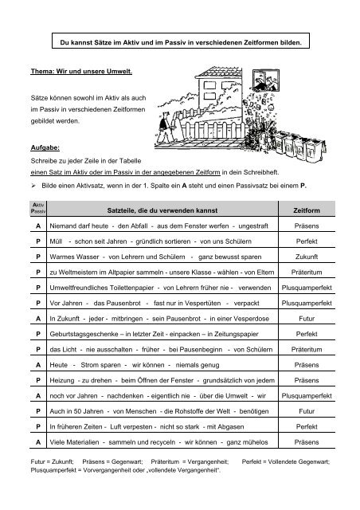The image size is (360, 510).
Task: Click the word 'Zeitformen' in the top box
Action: [241, 37]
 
